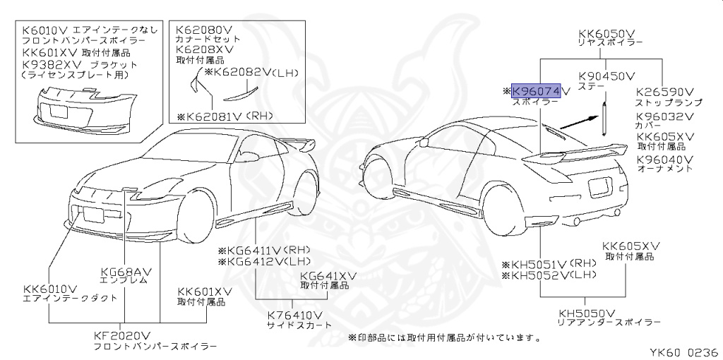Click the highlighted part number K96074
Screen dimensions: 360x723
pos(537,91)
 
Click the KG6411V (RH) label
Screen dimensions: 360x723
pos(263,250)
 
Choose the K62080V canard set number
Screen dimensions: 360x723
pos(204,29)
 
